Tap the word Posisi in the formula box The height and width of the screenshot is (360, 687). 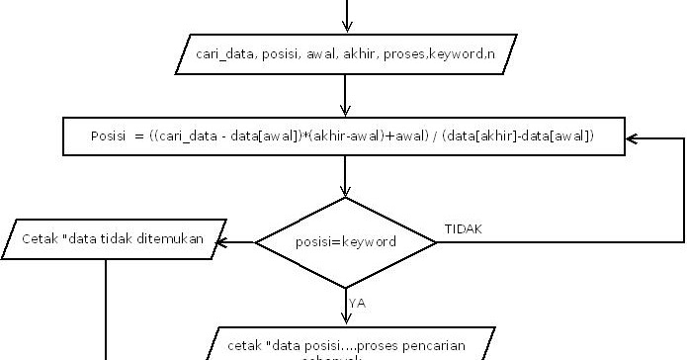pos(108,135)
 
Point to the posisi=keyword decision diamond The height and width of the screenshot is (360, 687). pos(346,241)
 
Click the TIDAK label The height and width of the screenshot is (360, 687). pos(465,229)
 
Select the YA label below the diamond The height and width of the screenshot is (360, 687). pos(358,304)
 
